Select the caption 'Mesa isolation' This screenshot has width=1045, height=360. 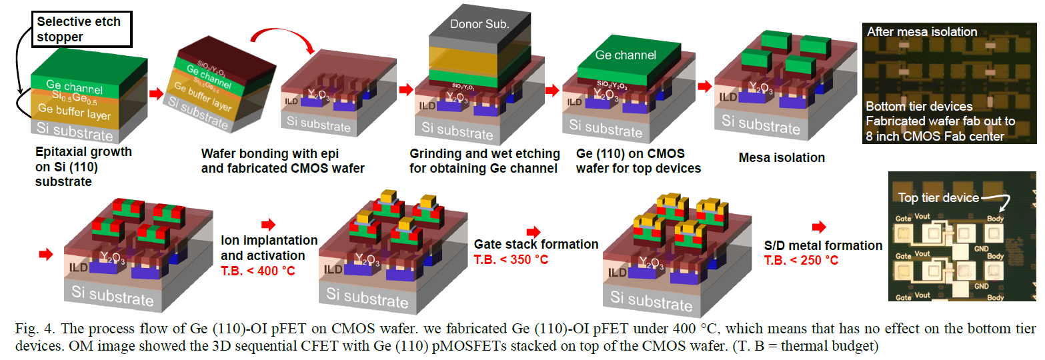(x=782, y=158)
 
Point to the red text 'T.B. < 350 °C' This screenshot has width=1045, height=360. (x=511, y=259)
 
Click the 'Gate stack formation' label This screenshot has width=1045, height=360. (x=536, y=245)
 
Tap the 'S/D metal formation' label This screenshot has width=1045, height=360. (x=823, y=246)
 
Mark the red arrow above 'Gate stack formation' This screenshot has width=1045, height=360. (x=534, y=231)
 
